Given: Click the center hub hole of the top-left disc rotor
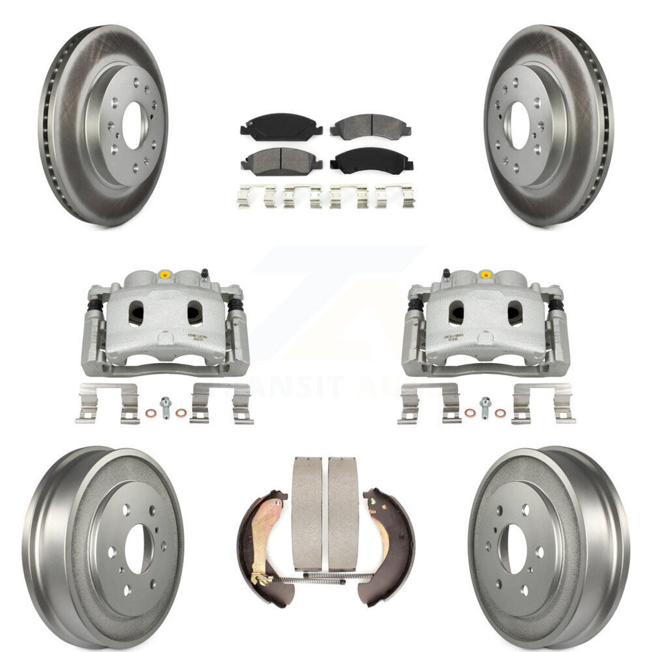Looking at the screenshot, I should [132, 126].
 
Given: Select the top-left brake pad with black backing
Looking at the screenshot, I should [281, 128].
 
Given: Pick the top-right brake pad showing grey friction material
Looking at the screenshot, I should [371, 127].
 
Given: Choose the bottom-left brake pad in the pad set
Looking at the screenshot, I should [281, 161].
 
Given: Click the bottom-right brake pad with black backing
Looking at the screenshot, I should [371, 161].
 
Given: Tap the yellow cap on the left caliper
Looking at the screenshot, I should [165, 275].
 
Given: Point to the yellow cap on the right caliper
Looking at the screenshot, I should [486, 275].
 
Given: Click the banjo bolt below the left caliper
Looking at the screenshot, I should [165, 408].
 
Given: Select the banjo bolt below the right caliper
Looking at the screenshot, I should [486, 407].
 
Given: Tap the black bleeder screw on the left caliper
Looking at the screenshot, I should [204, 274].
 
